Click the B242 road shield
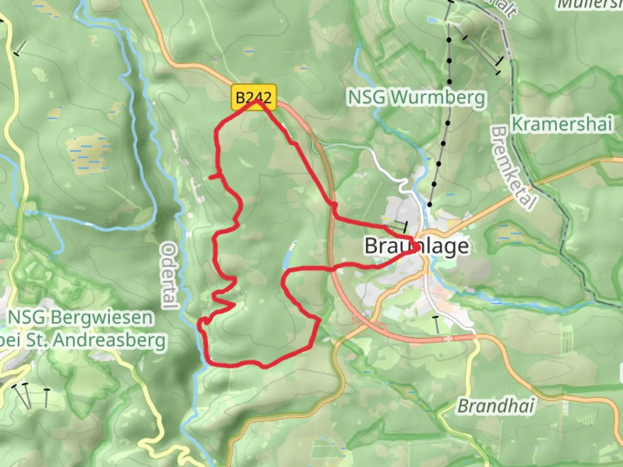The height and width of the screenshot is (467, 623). (x=254, y=97)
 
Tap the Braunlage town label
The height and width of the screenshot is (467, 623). (x=417, y=246)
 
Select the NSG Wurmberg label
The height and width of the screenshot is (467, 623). (x=417, y=98)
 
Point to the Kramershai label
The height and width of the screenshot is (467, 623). (x=562, y=125)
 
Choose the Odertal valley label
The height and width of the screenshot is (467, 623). (x=169, y=276)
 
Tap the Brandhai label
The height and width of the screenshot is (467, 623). (x=496, y=406)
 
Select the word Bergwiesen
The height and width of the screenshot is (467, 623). (x=102, y=318)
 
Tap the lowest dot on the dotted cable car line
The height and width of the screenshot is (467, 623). (x=430, y=205)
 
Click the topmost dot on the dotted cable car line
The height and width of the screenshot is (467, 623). (x=449, y=40)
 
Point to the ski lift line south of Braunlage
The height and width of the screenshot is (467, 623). (x=436, y=325)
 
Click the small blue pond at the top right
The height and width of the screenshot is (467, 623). (x=432, y=19)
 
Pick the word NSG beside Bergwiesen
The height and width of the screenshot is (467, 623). (x=26, y=318)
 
